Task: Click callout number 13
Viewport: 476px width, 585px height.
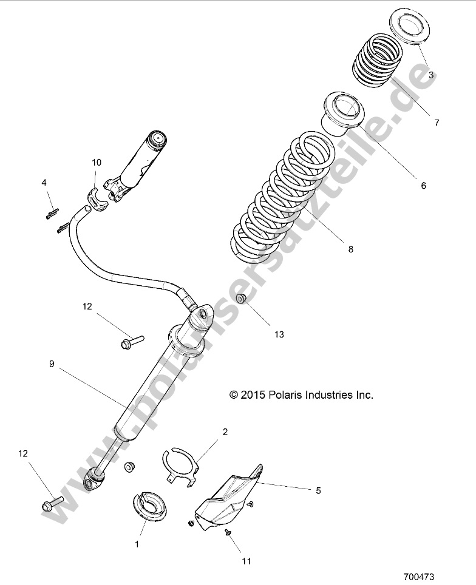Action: pyautogui.click(x=279, y=334)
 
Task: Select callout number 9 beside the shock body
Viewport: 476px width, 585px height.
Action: pyautogui.click(x=52, y=364)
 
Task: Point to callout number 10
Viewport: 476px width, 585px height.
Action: pyautogui.click(x=97, y=163)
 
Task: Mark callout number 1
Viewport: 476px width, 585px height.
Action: pyautogui.click(x=137, y=544)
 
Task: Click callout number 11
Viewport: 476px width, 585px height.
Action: pyautogui.click(x=246, y=561)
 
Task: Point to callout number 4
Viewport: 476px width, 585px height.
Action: pyautogui.click(x=44, y=183)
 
